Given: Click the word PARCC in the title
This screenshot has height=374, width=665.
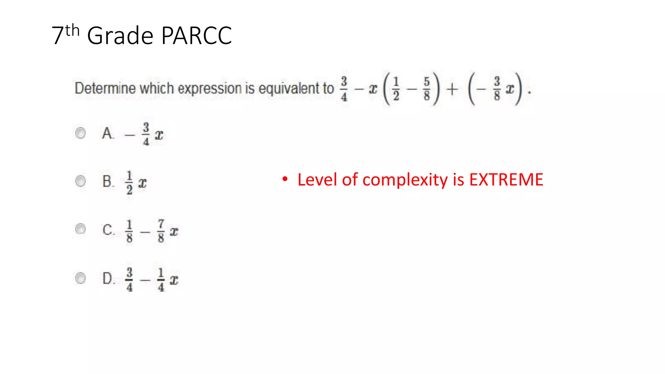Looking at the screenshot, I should [x=196, y=35].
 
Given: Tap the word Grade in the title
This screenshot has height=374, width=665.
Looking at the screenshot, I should [x=120, y=35].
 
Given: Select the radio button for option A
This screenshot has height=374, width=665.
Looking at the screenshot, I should [x=81, y=133].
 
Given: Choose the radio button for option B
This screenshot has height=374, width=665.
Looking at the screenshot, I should [x=81, y=181].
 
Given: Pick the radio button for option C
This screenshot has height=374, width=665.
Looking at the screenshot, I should [x=81, y=229].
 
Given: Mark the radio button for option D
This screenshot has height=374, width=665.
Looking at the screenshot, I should [x=81, y=278].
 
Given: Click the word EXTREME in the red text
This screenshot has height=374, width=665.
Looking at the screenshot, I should [x=506, y=180].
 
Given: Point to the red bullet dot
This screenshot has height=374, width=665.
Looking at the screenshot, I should [x=285, y=179].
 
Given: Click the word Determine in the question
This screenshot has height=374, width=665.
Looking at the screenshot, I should [x=105, y=88].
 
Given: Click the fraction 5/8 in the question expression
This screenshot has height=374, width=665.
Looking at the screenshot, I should [x=427, y=88].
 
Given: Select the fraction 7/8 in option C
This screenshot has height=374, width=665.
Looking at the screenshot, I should [x=161, y=231].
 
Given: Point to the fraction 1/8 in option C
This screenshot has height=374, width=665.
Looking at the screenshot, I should [x=129, y=231].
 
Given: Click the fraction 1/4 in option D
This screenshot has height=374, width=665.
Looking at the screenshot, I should [x=161, y=279].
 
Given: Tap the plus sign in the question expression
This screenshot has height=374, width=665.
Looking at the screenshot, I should [x=452, y=89].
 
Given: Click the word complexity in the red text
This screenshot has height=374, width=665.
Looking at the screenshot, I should [x=405, y=180].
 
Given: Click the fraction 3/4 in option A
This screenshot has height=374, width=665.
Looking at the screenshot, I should [x=146, y=134].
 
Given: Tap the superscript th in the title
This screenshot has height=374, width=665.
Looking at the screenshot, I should [x=72, y=31].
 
